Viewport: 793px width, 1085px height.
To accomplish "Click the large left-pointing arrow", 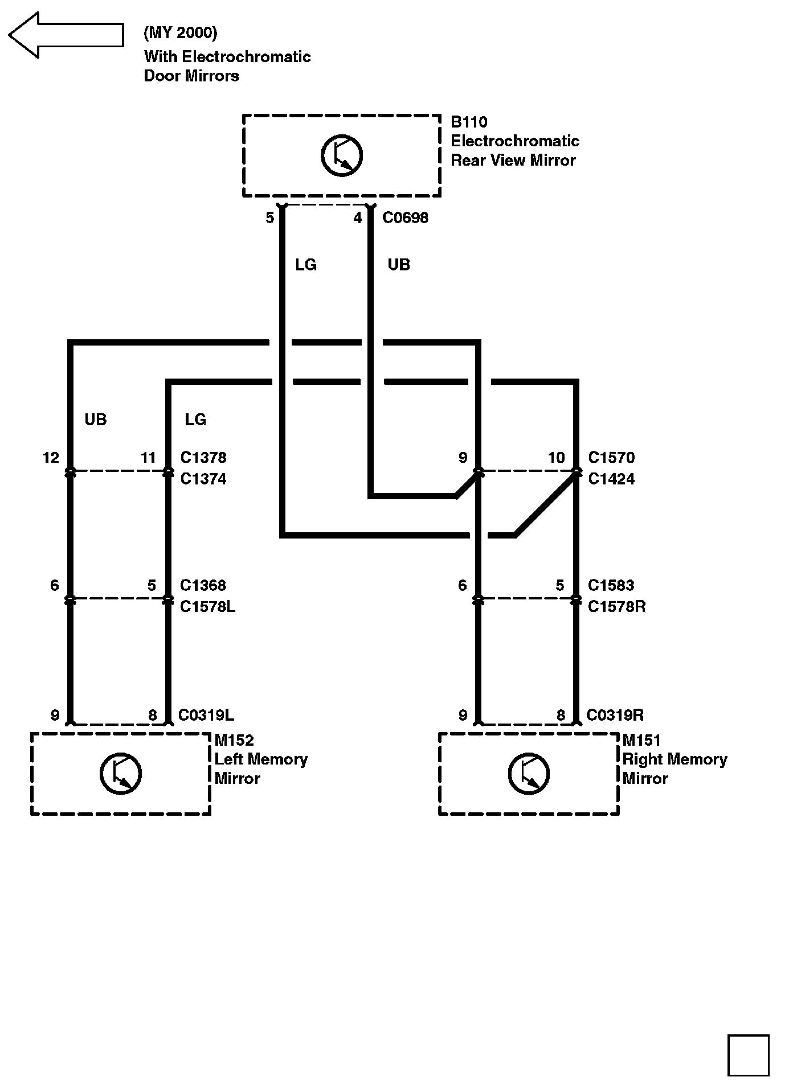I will pyautogui.click(x=66, y=35).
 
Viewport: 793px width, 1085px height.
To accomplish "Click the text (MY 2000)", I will pyautogui.click(x=180, y=33).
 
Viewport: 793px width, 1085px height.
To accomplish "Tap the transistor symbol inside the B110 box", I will pyautogui.click(x=342, y=155).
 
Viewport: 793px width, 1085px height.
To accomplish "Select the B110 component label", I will pyautogui.click(x=469, y=122).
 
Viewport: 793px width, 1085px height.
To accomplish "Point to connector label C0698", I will pyautogui.click(x=405, y=218).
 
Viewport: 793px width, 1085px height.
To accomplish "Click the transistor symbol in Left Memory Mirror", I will pyautogui.click(x=121, y=774).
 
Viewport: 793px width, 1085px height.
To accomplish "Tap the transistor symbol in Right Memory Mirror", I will pyautogui.click(x=529, y=774).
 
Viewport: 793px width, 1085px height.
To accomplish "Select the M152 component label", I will pyautogui.click(x=234, y=740).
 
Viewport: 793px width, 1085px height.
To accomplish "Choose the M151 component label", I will pyautogui.click(x=641, y=740).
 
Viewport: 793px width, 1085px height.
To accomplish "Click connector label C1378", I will pyautogui.click(x=203, y=458).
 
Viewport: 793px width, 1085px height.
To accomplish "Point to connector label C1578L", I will pyautogui.click(x=207, y=607).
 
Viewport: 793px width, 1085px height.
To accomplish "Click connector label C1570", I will pyautogui.click(x=611, y=458).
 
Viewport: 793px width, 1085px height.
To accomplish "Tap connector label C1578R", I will pyautogui.click(x=616, y=607).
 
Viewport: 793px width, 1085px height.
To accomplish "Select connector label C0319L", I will pyautogui.click(x=206, y=715).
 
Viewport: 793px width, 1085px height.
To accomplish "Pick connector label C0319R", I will pyautogui.click(x=615, y=715).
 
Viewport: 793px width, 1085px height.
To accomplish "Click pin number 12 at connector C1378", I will pyautogui.click(x=51, y=458).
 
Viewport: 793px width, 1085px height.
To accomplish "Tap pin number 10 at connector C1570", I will pyautogui.click(x=556, y=458).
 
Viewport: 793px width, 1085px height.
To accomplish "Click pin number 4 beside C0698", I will pyautogui.click(x=358, y=218).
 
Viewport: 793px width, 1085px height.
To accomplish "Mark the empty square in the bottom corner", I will pyautogui.click(x=748, y=1055).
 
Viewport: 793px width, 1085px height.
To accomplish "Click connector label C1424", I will pyautogui.click(x=611, y=479).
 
